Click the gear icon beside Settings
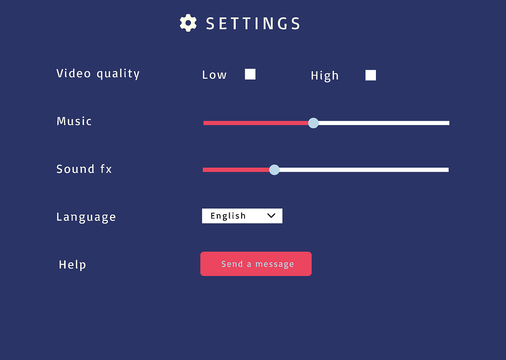tap(188, 23)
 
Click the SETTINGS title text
tap(253, 24)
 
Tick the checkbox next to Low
tap(250, 74)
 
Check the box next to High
tap(371, 75)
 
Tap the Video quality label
tap(98, 74)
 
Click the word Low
tap(214, 75)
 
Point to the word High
tap(325, 76)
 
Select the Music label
tap(74, 121)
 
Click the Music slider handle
tap(313, 123)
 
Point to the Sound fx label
tap(84, 169)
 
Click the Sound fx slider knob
tap(274, 170)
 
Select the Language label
tap(86, 217)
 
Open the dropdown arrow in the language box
tap(271, 216)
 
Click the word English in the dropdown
tap(228, 216)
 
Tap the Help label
tap(72, 265)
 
